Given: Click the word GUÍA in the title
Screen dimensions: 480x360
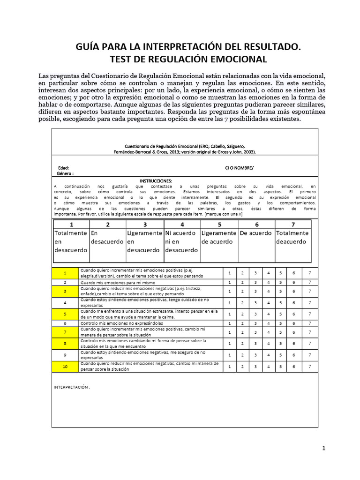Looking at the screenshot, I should pyautogui.click(x=90, y=47).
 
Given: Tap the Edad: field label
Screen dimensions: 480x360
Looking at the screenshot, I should pyautogui.click(x=63, y=168).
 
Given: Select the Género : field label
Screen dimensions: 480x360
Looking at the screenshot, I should pyautogui.click(x=66, y=173).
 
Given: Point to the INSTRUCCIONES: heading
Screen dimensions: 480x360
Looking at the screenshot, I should pyautogui.click(x=156, y=181).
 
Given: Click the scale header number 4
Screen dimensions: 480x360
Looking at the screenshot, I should pyautogui.click(x=182, y=224).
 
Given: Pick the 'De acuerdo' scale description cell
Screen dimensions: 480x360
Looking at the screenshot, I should pyautogui.click(x=255, y=233).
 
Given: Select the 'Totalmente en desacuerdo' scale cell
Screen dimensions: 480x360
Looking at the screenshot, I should pyautogui.click(x=71, y=241).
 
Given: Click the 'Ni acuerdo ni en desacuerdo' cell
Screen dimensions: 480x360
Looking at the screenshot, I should pyautogui.click(x=182, y=241).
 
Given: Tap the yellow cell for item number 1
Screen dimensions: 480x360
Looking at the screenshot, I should pyautogui.click(x=66, y=273).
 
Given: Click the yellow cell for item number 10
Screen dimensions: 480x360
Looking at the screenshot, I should pyautogui.click(x=66, y=367).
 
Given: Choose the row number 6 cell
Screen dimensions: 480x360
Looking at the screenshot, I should pyautogui.click(x=66, y=323).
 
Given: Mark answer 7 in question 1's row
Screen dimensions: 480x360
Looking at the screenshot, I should pyautogui.click(x=309, y=273).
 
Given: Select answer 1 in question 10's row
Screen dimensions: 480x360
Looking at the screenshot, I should pyautogui.click(x=229, y=367).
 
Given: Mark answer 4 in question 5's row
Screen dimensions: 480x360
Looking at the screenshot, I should pyautogui.click(x=269, y=314).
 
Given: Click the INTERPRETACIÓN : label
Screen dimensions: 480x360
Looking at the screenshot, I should pyautogui.click(x=71, y=388).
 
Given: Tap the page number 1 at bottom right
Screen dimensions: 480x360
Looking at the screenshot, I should pyautogui.click(x=323, y=449).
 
